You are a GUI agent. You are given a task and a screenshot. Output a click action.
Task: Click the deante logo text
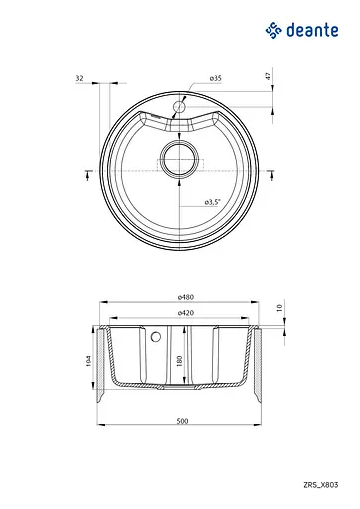coord(312,30)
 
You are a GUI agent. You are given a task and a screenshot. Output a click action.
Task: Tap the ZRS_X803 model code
coord(320,485)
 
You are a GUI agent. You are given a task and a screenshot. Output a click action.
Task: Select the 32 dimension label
coord(79,78)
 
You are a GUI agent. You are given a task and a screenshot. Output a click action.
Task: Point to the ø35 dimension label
coord(216,78)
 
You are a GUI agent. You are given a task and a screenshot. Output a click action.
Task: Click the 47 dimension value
coord(269,76)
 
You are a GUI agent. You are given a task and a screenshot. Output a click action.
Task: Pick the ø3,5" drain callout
coord(212,202)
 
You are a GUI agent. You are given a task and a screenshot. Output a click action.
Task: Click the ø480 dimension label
coord(186,297)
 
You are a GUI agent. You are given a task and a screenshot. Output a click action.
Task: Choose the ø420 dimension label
coord(186,313)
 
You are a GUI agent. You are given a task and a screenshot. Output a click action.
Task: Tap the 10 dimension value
coord(279,308)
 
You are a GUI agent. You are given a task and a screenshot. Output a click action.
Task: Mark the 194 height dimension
coord(89,361)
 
